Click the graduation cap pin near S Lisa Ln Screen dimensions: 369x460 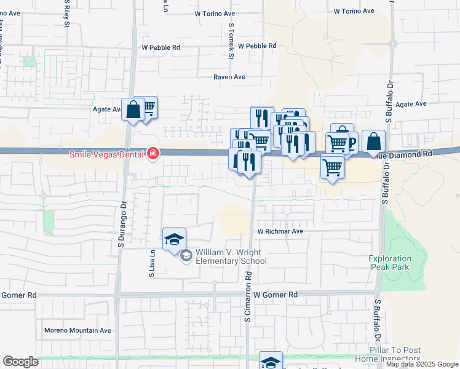174,239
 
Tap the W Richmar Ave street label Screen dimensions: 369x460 280,231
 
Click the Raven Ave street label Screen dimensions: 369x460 229,77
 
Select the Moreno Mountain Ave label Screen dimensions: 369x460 77,330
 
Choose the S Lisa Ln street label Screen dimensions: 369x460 151,263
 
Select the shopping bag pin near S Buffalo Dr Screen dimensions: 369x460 373,142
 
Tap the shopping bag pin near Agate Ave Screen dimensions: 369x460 133,110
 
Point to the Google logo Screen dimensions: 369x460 20,362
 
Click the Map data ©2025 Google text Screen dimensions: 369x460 422,365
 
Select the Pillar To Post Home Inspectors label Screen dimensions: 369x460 396,354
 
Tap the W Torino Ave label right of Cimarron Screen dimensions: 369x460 354,11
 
